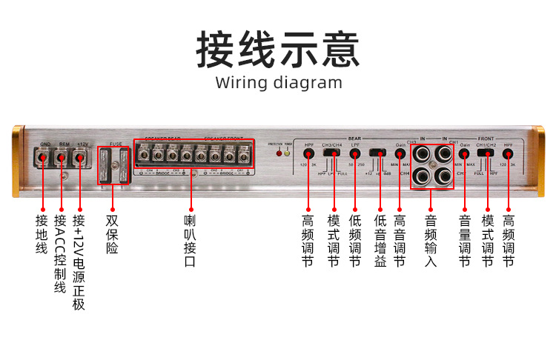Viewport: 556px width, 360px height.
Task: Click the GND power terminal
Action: (x=44, y=157)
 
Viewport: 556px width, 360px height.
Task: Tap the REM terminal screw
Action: (x=62, y=157)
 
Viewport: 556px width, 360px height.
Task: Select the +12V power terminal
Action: (x=80, y=157)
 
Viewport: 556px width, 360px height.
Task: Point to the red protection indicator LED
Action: (x=279, y=153)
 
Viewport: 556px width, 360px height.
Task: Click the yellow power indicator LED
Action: (x=287, y=153)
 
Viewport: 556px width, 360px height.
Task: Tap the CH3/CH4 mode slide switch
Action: (x=333, y=153)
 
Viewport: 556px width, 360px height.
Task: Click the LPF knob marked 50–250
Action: (x=355, y=153)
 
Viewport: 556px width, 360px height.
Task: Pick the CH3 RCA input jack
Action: (x=423, y=154)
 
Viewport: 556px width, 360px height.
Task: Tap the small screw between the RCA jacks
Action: (x=433, y=165)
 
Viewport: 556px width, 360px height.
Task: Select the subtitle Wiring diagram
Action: (x=279, y=82)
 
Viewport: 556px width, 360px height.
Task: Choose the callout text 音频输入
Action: (x=431, y=241)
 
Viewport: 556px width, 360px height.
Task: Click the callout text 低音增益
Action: (x=380, y=241)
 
